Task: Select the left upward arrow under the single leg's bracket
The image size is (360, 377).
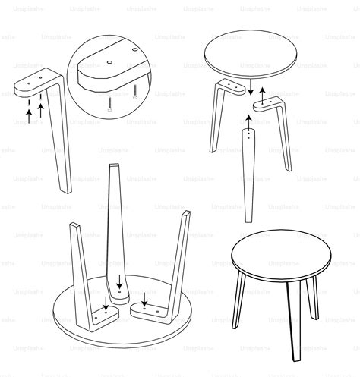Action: pyautogui.click(x=29, y=115)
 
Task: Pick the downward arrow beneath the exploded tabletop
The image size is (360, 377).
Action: pyautogui.click(x=248, y=89)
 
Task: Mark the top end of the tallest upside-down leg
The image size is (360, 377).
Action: pyautogui.click(x=114, y=167)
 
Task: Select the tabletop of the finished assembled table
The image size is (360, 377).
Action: pyautogui.click(x=282, y=253)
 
